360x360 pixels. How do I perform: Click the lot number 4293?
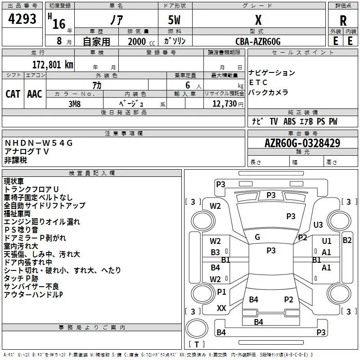22,19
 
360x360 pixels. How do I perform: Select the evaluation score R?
343,21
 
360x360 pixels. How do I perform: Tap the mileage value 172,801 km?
53,64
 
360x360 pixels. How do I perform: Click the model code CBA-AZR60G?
258,41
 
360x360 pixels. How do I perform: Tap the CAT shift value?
13,94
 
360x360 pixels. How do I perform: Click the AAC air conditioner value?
34,94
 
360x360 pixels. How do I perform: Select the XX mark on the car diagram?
221,308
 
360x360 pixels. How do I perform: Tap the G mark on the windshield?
257,237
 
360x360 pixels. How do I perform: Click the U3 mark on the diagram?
318,225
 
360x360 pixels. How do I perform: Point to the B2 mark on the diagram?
347,240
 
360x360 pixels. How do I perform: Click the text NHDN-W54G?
39,143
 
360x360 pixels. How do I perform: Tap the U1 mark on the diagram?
327,241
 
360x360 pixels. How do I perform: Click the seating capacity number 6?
187,85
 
